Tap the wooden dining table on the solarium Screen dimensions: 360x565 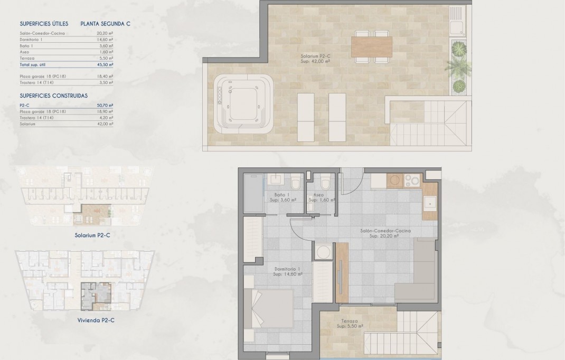coord(372,46)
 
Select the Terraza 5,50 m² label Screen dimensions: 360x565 coord(350,324)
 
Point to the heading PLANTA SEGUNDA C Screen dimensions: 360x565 coord(105,24)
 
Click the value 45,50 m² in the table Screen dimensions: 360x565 coord(105,64)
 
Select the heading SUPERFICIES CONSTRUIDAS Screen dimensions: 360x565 coord(53,96)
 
